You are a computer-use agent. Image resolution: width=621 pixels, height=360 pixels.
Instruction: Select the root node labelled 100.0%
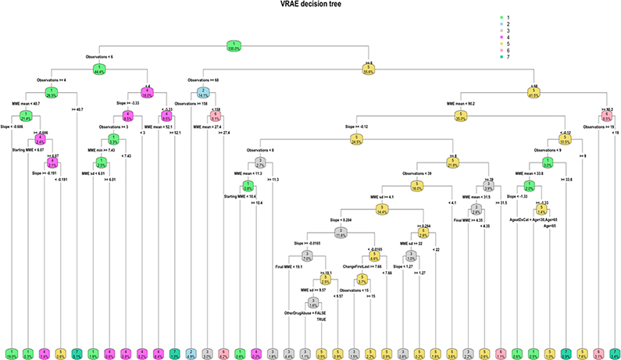tap(232, 45)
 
